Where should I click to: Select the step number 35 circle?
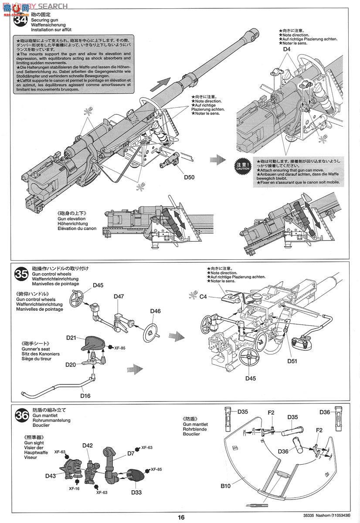21,275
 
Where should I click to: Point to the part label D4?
286,49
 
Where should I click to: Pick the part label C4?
204,296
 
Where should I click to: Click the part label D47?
119,296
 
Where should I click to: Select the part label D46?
156,311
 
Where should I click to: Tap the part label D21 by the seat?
72,338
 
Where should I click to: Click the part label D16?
85,395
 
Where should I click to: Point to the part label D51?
292,360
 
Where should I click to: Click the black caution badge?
243,166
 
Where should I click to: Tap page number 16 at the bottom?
181,517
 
